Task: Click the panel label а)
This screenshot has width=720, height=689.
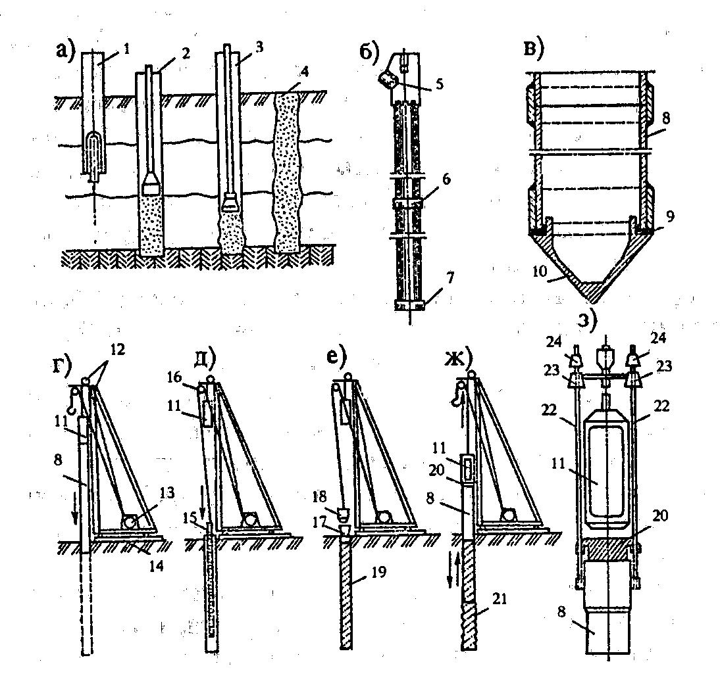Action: tap(66, 49)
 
